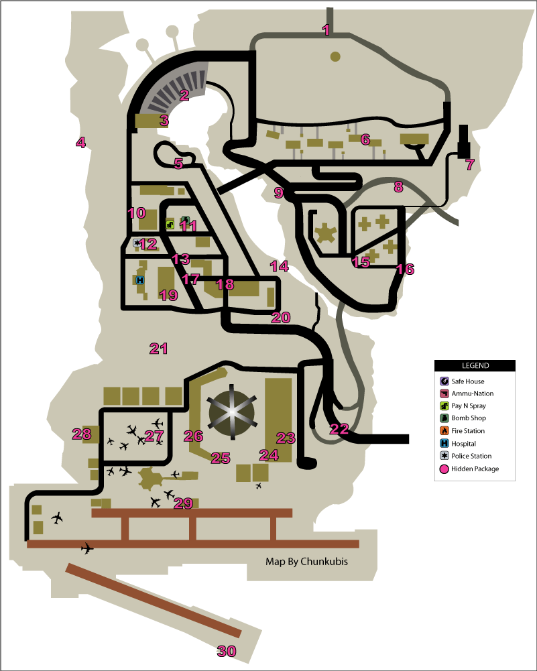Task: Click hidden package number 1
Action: [326, 29]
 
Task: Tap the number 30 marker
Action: [227, 650]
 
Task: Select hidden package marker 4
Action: [80, 142]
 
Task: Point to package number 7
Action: [469, 164]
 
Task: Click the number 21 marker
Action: [158, 349]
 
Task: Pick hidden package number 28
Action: [82, 434]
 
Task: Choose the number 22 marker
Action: [339, 429]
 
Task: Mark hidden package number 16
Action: [405, 269]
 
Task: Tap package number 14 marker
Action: [280, 266]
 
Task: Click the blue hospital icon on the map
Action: [140, 280]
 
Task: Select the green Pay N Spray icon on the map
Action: [170, 224]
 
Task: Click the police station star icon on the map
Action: [137, 243]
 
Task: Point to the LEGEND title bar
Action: [475, 365]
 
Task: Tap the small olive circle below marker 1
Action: [335, 56]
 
